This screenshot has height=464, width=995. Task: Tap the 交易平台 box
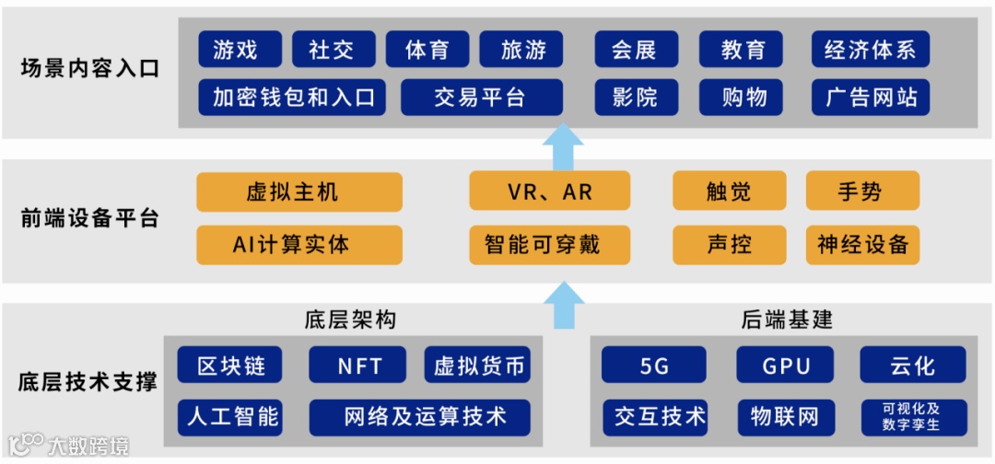click(x=481, y=98)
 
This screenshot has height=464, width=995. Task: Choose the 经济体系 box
click(x=870, y=50)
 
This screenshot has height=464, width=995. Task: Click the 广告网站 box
click(x=870, y=98)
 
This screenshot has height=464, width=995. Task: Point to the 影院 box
click(x=635, y=98)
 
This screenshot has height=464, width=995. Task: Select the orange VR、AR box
click(x=550, y=191)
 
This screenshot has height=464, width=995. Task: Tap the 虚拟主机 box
click(x=299, y=191)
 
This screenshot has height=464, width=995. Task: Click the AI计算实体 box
click(x=299, y=245)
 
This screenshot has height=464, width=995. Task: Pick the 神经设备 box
click(x=862, y=245)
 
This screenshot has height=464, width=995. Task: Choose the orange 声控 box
click(x=729, y=245)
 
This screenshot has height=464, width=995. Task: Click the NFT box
click(x=359, y=365)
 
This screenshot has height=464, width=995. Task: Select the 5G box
click(x=654, y=365)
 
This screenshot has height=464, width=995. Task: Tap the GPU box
click(x=785, y=365)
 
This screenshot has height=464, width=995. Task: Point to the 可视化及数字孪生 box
click(x=912, y=417)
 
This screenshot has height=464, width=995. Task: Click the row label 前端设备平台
click(x=89, y=218)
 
